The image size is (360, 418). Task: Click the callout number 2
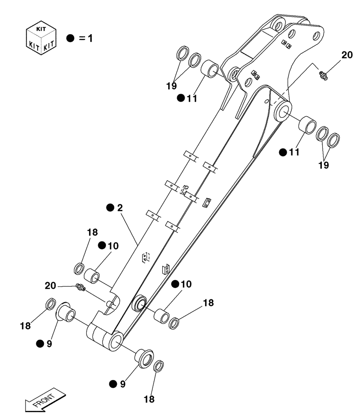pyautogui.click(x=120, y=208)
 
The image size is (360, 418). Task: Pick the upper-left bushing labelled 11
pyautogui.click(x=210, y=69)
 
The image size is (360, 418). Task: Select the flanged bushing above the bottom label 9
pyautogui.click(x=143, y=359)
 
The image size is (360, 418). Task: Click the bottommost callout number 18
pyautogui.click(x=149, y=399)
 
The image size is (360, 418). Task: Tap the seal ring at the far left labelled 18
pyautogui.click(x=49, y=304)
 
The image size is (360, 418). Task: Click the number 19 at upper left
pyautogui.click(x=171, y=86)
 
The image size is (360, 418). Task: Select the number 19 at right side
pyautogui.click(x=323, y=165)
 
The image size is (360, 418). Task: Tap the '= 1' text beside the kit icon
pyautogui.click(x=85, y=38)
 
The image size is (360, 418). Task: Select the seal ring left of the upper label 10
pyautogui.click(x=78, y=268)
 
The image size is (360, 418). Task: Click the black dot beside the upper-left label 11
pyautogui.click(x=180, y=98)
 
